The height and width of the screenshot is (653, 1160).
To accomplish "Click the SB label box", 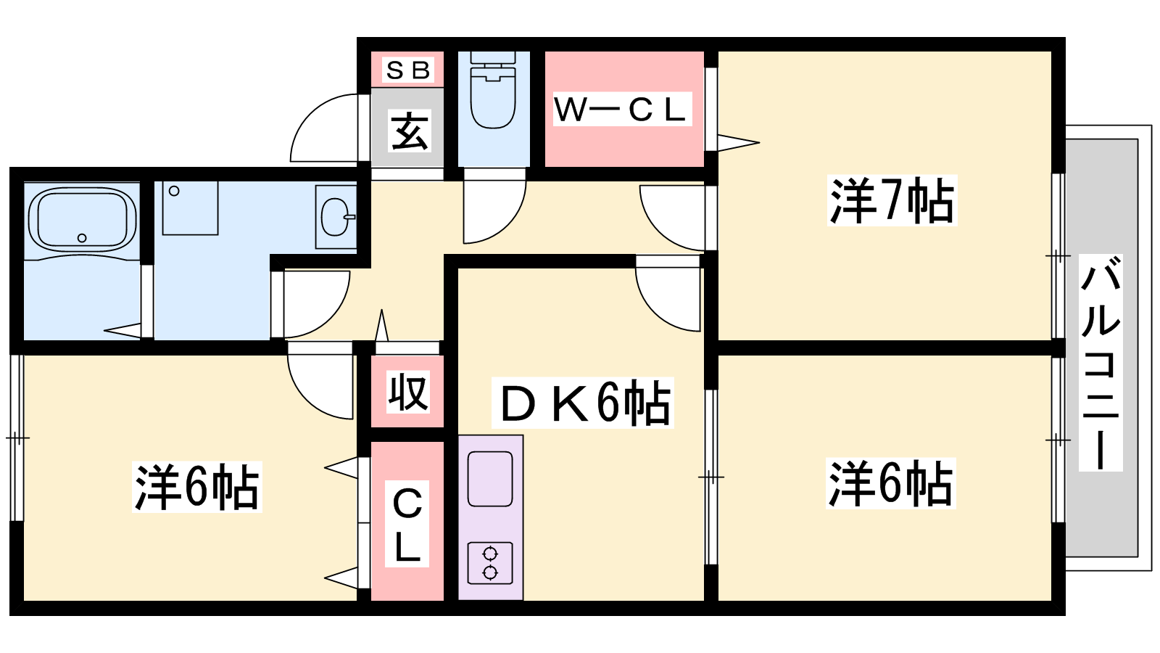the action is click(x=407, y=70).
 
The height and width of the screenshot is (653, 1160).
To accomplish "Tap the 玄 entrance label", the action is click(x=410, y=131).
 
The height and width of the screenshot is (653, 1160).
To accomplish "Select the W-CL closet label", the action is click(x=622, y=109).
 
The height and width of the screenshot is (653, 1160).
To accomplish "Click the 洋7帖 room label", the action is click(x=892, y=200).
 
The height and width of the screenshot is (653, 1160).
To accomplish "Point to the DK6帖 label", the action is click(x=583, y=403).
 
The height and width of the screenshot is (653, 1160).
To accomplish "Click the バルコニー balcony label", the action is click(x=1101, y=362).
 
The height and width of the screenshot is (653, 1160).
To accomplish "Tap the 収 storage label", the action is click(x=409, y=392).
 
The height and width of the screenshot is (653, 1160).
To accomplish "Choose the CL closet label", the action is click(x=407, y=524).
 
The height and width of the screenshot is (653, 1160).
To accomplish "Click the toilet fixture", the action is click(x=493, y=90).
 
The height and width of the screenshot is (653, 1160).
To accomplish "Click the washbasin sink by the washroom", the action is click(x=336, y=217).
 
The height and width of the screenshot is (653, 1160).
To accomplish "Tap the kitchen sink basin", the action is click(x=490, y=479).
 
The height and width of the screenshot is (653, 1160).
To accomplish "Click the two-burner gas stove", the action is click(x=490, y=563).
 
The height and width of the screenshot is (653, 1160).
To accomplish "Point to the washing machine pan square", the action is click(x=190, y=208).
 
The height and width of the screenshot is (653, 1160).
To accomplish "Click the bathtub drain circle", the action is click(x=82, y=238).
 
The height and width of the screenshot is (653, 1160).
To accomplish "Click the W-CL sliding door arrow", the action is click(x=738, y=142).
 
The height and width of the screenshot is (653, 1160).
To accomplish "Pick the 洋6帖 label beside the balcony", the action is click(x=891, y=483).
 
